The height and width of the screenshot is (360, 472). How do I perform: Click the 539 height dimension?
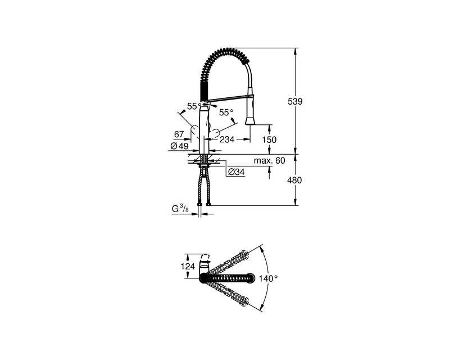295,101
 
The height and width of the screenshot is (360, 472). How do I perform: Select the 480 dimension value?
294,180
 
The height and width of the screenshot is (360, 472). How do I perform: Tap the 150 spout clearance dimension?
269,140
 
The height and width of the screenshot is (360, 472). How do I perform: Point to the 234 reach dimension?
227,139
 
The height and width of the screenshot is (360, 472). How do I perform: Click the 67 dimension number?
179,134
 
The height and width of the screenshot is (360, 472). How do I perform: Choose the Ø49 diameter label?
179,146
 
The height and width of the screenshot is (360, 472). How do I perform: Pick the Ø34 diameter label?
237,172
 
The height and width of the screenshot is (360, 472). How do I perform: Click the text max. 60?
269,160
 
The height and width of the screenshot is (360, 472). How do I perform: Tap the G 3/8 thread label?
180,209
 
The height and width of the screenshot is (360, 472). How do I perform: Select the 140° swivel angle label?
268,278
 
